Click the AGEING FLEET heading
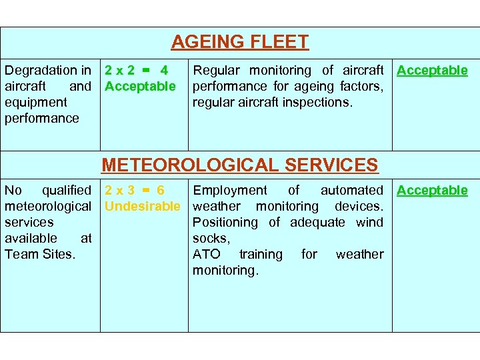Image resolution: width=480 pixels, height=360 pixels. [240, 42]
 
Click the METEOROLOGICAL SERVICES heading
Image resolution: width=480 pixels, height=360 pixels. [239, 165]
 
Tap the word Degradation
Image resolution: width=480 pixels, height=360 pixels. [41, 70]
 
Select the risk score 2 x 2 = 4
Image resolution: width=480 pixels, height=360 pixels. [137, 70]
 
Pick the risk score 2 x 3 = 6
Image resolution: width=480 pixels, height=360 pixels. [135, 190]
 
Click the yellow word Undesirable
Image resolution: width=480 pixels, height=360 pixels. [143, 206]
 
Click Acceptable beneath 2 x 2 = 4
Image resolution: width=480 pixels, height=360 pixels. [141, 86]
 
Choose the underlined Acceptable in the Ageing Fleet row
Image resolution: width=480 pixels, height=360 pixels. [432, 70]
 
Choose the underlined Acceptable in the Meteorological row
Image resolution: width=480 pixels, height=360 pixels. [432, 190]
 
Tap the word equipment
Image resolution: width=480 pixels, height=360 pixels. [36, 102]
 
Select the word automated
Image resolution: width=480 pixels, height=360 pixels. [352, 190]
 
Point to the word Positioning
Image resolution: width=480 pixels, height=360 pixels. [225, 222]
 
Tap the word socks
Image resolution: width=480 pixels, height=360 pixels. [209, 238]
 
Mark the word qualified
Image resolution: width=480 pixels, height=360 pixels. [66, 190]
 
